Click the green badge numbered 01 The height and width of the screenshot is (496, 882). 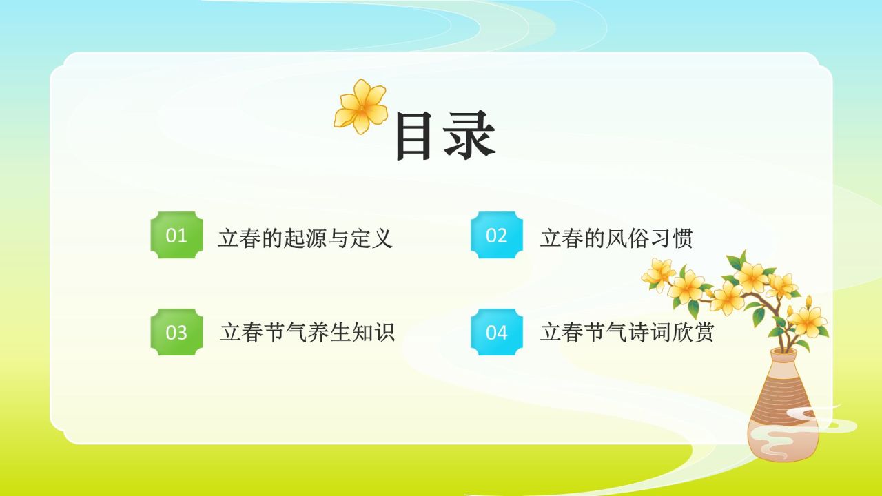click(177, 236)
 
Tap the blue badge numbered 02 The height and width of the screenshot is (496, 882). click(497, 236)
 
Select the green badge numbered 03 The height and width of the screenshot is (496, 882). click(177, 332)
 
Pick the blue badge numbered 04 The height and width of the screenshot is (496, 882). click(497, 332)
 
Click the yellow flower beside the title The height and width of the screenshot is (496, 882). click(361, 106)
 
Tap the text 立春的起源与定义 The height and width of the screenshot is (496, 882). click(305, 238)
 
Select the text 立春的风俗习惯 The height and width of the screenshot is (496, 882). click(616, 238)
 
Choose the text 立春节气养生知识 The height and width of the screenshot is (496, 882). click(307, 332)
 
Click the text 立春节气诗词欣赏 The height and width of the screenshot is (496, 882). click(627, 332)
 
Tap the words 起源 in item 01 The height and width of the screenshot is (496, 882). click(305, 238)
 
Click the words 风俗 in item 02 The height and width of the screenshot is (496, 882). click(627, 238)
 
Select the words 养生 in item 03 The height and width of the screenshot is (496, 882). click(329, 332)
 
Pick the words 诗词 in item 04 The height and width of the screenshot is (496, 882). click(649, 332)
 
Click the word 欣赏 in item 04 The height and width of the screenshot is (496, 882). click(693, 332)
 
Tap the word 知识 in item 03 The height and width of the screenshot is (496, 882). click(373, 332)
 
